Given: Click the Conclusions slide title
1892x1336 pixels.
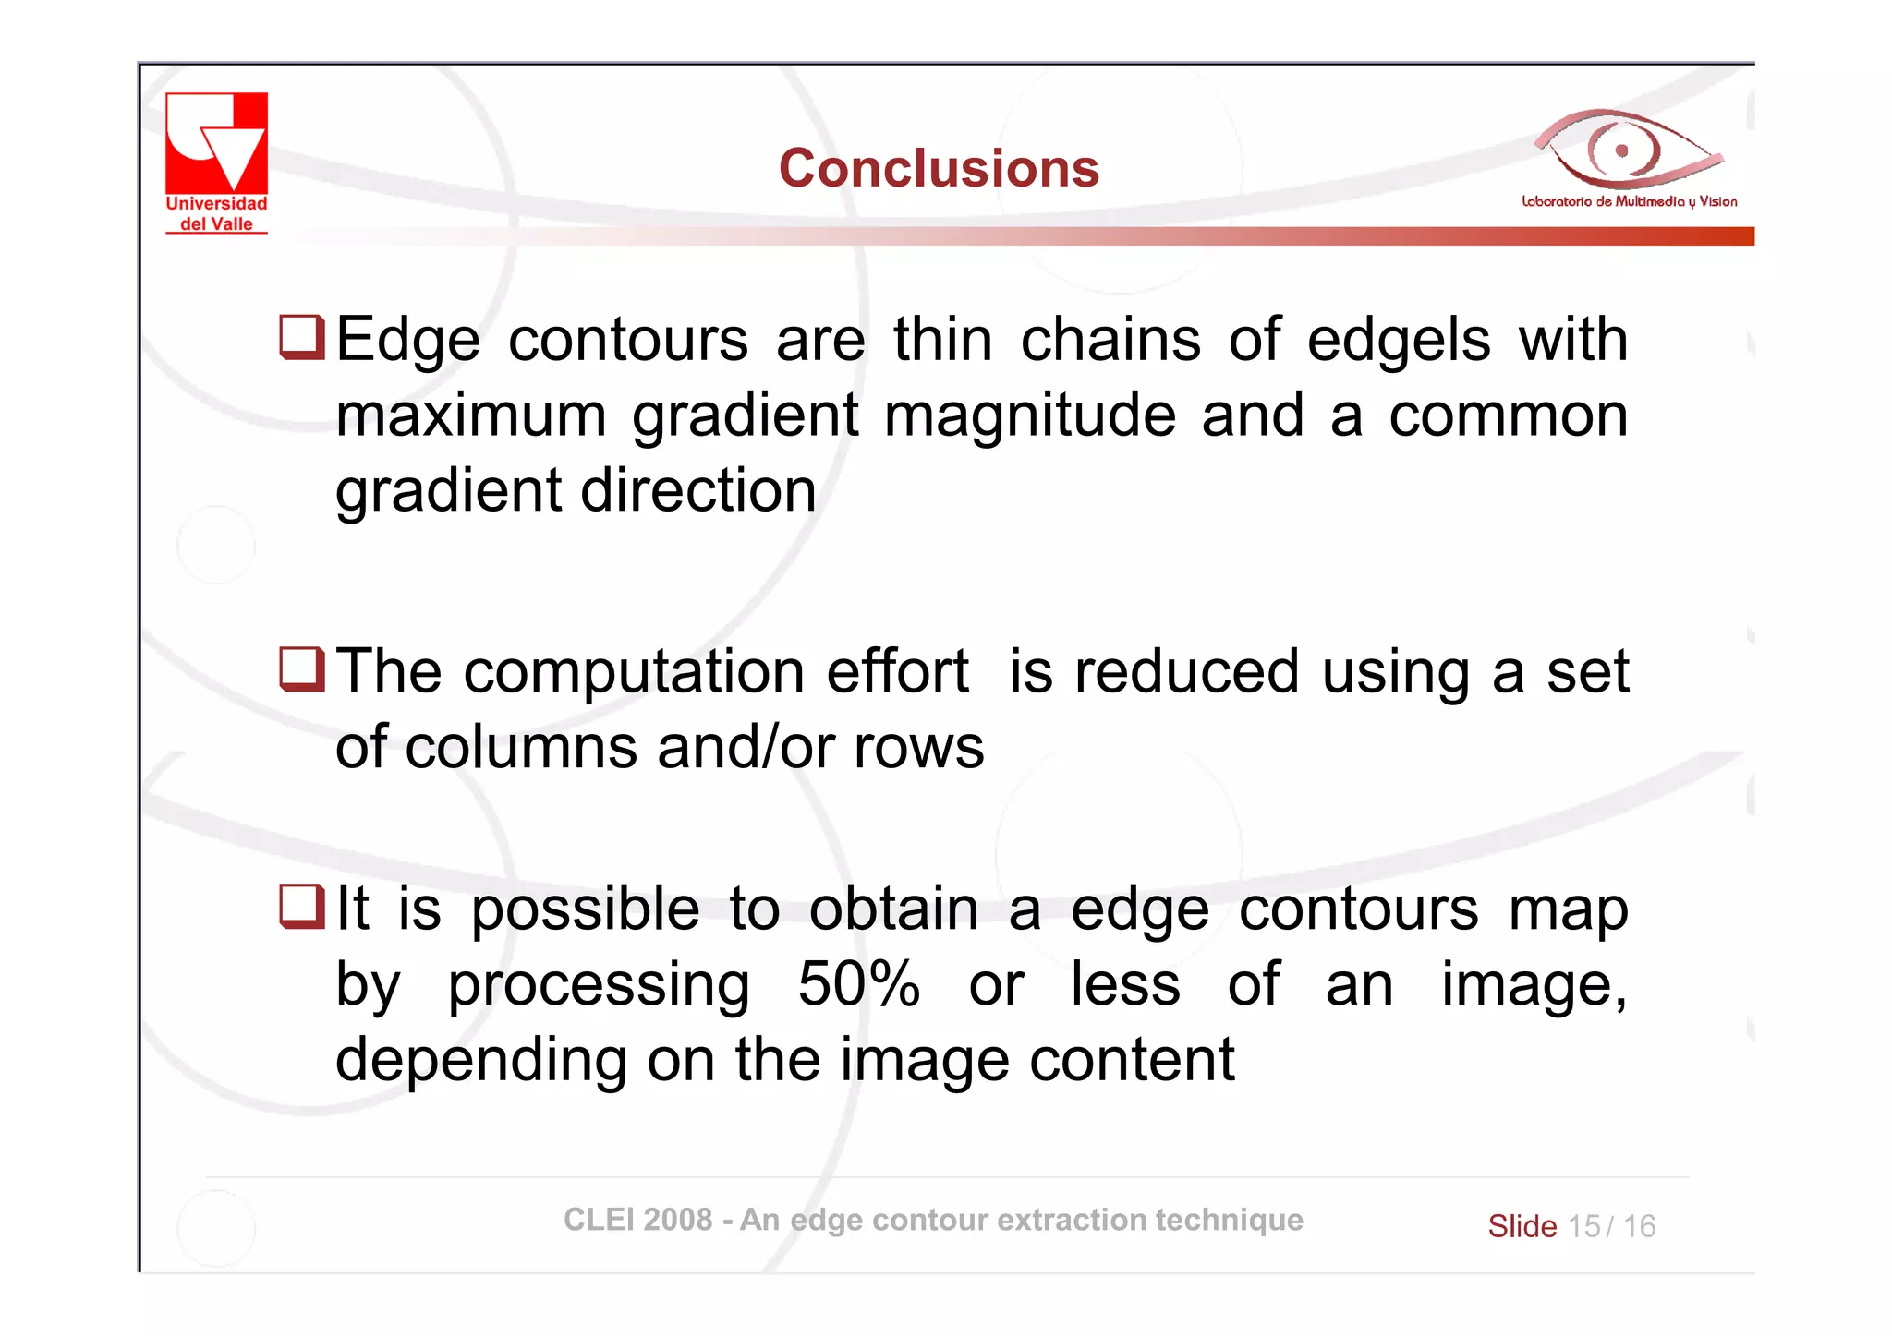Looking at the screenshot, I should coord(939,168).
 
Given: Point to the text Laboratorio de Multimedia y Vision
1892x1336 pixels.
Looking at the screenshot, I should coord(1629,201).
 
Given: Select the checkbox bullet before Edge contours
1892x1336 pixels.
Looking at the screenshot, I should coord(302,337).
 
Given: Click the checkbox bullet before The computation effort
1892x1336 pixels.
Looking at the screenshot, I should coord(302,669).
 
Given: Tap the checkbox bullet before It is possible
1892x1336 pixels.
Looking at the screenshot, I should coord(302,907).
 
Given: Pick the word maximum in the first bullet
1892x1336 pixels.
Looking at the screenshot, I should coord(470,415).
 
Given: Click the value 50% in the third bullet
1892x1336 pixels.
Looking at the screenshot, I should coord(858,984).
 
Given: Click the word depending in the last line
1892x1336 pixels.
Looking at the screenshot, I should coord(480,1061).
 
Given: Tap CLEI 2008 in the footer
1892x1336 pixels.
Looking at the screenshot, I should coord(637,1220).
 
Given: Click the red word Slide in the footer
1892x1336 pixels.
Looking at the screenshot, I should coord(1522,1226).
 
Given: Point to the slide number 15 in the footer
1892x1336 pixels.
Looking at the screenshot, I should coord(1583,1226).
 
